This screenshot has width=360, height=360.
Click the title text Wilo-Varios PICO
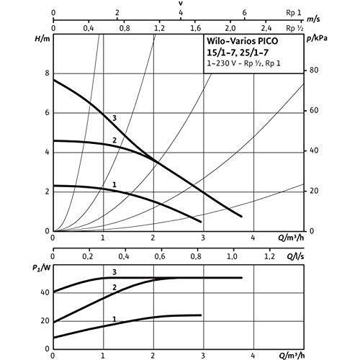243,41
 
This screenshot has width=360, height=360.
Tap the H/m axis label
42,38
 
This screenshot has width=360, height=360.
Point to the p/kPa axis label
317,38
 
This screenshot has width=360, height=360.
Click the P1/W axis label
42,268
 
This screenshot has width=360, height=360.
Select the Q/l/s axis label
295,256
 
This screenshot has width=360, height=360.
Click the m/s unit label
313,19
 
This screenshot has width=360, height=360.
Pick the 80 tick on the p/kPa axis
314,71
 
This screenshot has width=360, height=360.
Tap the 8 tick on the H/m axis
47,73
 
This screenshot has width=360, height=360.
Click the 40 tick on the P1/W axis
45,292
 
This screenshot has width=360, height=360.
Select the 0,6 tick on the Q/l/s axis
160,256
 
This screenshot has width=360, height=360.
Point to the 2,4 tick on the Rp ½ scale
266,29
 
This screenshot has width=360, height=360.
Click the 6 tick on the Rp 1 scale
244,12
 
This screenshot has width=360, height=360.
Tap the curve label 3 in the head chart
114,118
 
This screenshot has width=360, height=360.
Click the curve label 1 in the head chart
114,184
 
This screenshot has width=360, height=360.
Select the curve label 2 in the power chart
114,287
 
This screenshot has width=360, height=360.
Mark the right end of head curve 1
201,222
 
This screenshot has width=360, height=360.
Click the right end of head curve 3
241,216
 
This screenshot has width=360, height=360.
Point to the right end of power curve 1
201,315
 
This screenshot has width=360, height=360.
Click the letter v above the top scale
181,4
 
